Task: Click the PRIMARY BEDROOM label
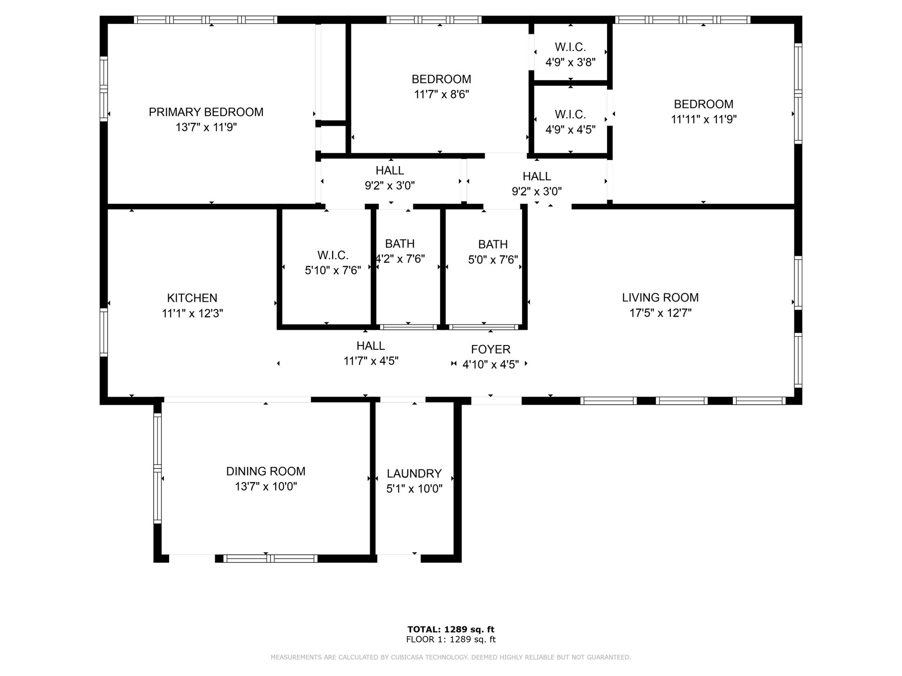point(206,112)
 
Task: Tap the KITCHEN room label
point(192,298)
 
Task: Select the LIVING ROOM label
point(660,298)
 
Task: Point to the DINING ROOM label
point(265,471)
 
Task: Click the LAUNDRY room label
point(414,474)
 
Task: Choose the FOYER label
point(490,349)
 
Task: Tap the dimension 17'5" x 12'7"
point(660,313)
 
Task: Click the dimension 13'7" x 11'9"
point(206,127)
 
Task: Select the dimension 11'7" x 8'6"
point(441,94)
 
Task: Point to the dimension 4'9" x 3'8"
point(570,62)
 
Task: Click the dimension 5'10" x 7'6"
point(333,270)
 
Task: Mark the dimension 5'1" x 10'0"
point(414,489)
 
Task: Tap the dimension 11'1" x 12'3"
point(192,313)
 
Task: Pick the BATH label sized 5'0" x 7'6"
point(493,245)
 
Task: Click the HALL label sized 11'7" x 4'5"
point(371,346)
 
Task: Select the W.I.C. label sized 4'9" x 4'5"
point(570,115)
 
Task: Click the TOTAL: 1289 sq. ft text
point(451,630)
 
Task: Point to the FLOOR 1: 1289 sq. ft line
point(451,639)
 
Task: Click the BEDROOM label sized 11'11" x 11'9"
point(703,104)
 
